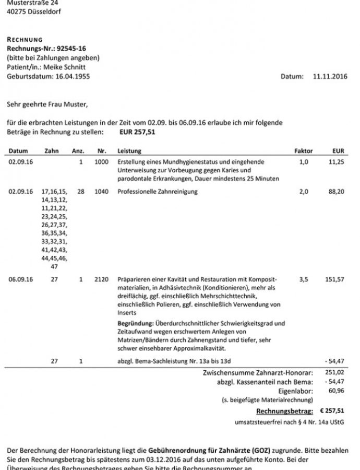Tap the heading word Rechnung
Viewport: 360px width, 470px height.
[x=25, y=40]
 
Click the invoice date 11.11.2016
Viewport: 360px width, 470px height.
[x=329, y=77]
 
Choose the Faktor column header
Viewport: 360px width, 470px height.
[x=304, y=151]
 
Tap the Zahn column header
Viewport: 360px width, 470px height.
[x=52, y=151]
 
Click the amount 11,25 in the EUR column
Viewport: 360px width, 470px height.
[x=338, y=162]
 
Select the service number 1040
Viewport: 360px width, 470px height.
[x=101, y=192]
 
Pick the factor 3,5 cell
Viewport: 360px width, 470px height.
[x=303, y=279]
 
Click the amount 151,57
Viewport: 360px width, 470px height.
[x=334, y=279]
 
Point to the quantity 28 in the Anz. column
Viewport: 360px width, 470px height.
[x=80, y=192]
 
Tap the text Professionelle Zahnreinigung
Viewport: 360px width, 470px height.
[x=158, y=192]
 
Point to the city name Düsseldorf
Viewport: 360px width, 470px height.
[x=42, y=11]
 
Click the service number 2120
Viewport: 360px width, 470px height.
[x=101, y=279]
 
